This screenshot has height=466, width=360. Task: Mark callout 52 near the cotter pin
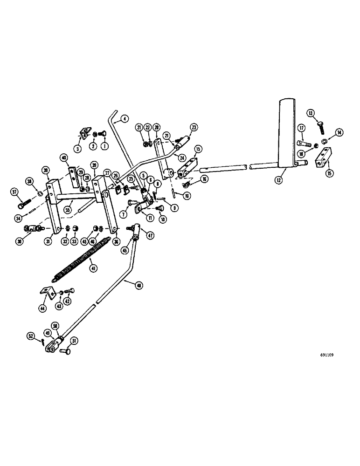[31, 336]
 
